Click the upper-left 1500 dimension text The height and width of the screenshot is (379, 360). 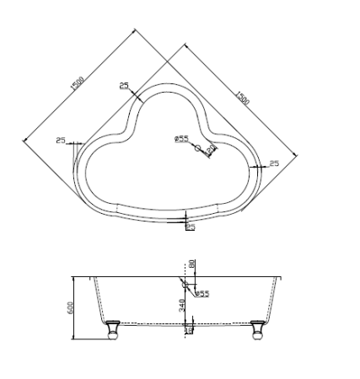tap(78, 83)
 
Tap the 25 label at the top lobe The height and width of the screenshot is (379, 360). tap(125, 85)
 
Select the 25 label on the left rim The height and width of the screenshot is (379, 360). tap(61, 140)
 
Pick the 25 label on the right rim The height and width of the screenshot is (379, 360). tap(274, 163)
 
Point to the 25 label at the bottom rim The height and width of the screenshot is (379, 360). tap(190, 227)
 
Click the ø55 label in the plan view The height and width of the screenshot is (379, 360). tap(181, 138)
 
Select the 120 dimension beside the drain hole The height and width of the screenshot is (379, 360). tap(211, 147)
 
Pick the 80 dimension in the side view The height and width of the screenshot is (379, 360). tap(192, 264)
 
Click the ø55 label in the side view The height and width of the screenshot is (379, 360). tap(203, 294)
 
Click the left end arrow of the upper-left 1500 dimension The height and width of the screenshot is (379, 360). tap(25, 137)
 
